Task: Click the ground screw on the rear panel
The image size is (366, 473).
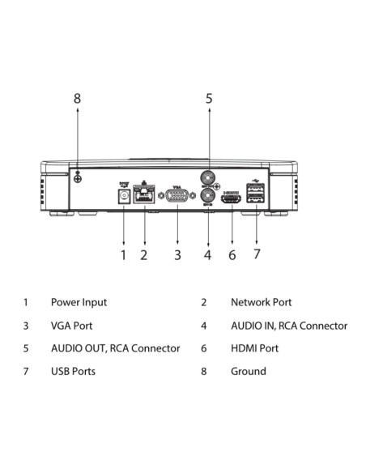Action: [78, 178]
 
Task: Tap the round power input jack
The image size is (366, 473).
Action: [124, 196]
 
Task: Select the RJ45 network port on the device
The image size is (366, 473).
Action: [144, 194]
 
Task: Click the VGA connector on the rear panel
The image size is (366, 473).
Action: [177, 195]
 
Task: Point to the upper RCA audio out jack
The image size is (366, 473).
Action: [208, 178]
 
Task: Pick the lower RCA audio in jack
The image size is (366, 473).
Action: [208, 195]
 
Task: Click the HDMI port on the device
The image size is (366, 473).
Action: [232, 199]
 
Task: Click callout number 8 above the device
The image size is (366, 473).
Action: [77, 98]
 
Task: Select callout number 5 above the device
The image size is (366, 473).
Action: [209, 98]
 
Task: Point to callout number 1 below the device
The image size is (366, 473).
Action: [123, 255]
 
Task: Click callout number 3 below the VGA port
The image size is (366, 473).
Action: [177, 255]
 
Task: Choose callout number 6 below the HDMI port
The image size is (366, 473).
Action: [232, 255]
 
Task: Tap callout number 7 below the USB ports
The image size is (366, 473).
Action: [257, 254]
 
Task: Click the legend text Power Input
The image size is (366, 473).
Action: [79, 303]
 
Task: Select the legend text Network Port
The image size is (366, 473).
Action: [261, 302]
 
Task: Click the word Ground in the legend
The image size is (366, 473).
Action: [249, 371]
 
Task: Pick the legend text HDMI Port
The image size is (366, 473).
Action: [254, 348]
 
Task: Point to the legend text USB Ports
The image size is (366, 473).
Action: [73, 371]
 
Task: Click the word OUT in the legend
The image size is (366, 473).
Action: [96, 348]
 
